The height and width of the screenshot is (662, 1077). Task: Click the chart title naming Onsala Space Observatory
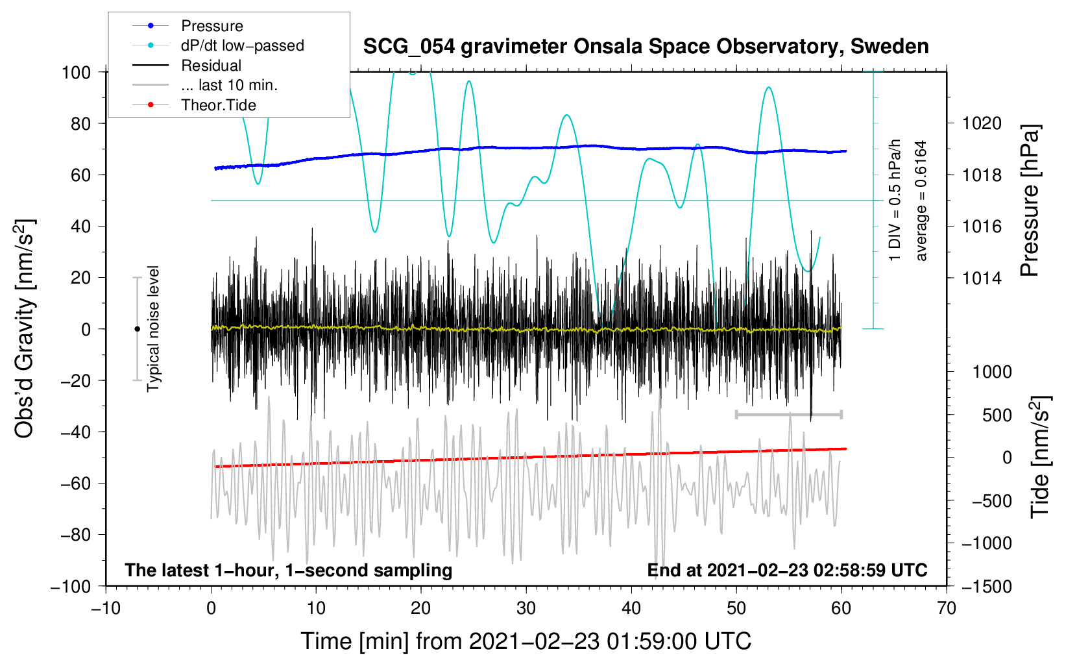646,47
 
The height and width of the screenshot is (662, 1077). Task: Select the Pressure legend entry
212,26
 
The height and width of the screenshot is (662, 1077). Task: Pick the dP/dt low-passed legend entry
242,45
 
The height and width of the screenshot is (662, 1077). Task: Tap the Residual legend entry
211,66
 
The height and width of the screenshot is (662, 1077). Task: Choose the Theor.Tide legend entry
218,105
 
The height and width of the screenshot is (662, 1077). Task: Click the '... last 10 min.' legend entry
229,85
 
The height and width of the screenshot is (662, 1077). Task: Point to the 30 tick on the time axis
526,608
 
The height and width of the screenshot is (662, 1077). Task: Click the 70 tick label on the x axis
947,608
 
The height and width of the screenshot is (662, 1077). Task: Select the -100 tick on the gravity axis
71,586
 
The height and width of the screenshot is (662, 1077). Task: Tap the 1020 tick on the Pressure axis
982,123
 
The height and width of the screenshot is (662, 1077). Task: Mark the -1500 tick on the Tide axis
987,586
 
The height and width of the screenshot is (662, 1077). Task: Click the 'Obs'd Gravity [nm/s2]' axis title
25,328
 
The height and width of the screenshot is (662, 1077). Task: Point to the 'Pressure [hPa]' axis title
1030,201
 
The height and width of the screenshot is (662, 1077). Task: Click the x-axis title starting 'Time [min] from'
526,641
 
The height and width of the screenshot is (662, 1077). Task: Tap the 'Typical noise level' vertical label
153,328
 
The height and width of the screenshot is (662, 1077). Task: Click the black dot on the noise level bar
137,329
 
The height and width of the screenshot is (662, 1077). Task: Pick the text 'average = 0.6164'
921,201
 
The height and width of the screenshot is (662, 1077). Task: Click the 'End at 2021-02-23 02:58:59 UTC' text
787,570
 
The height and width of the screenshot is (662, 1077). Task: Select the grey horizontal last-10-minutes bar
788,414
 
